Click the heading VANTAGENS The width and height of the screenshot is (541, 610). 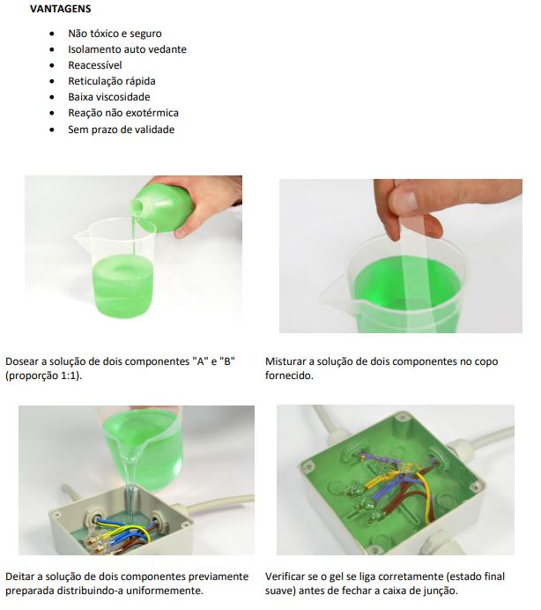[60, 9]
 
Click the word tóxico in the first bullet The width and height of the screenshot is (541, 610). [105, 33]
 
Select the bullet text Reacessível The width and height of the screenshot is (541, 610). [95, 65]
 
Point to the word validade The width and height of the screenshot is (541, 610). [156, 130]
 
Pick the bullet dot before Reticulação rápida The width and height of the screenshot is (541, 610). [52, 81]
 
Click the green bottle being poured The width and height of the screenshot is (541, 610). [163, 207]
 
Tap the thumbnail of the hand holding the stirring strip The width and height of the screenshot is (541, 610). [401, 256]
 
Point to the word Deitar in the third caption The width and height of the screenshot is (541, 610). [20, 577]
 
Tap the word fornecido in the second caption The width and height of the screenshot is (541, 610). [289, 376]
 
